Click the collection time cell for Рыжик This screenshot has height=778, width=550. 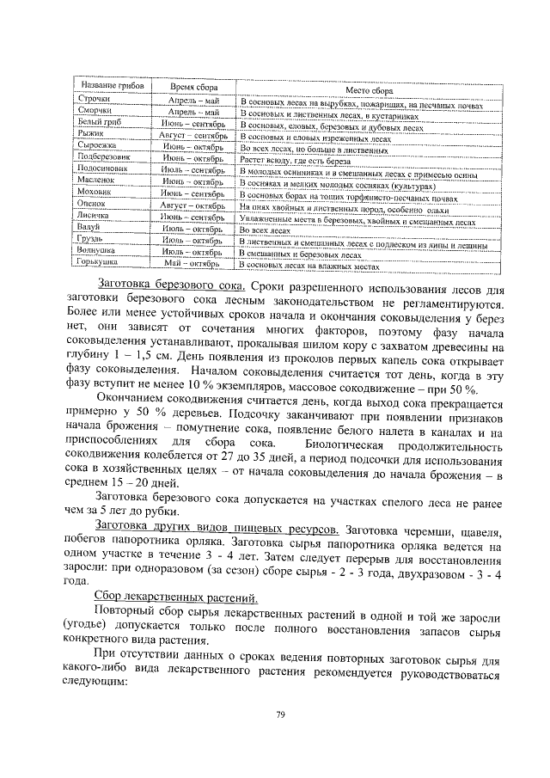click(194, 137)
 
